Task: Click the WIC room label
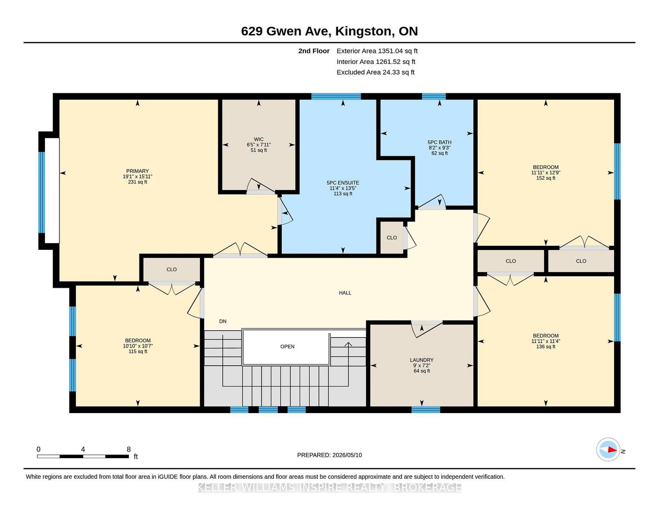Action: pos(258,139)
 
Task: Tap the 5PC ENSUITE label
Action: pos(343,183)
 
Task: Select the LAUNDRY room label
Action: pos(421,360)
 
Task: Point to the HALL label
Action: pos(345,293)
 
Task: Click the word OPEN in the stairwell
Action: pos(287,347)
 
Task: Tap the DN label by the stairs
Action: pos(222,322)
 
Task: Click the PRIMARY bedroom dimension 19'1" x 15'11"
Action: pos(138,177)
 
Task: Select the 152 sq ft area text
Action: pos(546,178)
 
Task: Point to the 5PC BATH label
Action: pos(439,142)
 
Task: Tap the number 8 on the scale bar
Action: pos(129,449)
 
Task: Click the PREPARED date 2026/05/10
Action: pos(347,455)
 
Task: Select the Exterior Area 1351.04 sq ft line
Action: pos(377,51)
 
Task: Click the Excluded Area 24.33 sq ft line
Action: pos(376,72)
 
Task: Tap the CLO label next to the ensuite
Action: pos(392,238)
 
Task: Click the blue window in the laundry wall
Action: pos(426,410)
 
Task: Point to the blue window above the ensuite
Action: pos(336,96)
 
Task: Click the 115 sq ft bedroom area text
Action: pos(138,352)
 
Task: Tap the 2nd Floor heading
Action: pos(313,51)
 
